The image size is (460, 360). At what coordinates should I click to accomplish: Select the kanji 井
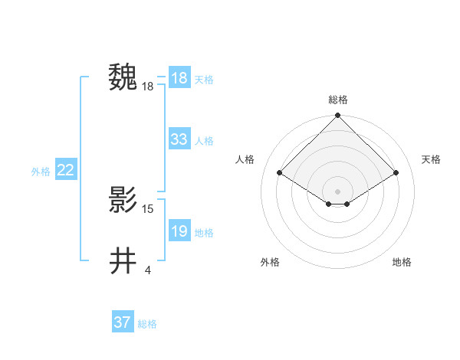tap(123, 260)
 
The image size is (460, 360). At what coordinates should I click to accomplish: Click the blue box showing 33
tap(179, 139)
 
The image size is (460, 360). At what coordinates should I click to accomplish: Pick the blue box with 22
tap(65, 170)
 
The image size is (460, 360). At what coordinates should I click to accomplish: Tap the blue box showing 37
tap(122, 322)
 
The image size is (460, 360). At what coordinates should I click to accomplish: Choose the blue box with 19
tap(179, 231)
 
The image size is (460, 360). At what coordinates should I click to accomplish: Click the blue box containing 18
tap(179, 78)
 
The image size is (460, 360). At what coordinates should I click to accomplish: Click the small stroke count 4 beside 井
tap(147, 270)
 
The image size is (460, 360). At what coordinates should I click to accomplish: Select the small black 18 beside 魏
tap(148, 87)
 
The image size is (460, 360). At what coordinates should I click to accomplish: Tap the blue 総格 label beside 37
tap(147, 324)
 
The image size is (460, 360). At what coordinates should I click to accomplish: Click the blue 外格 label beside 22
tap(41, 172)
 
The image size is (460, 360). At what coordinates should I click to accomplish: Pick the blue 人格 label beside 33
tap(204, 141)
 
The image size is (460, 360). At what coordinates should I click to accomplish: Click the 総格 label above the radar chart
tap(337, 100)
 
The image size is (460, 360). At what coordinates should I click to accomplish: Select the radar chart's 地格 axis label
tap(402, 262)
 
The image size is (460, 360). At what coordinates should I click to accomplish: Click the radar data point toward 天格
tap(396, 173)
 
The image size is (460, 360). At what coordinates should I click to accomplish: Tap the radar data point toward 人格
tap(280, 173)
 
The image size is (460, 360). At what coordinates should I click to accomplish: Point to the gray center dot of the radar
tap(337, 191)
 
